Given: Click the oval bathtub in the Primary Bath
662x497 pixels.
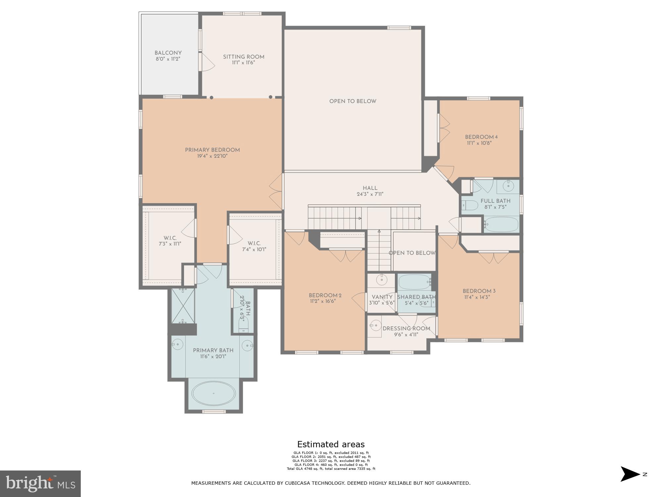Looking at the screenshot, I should (213, 394).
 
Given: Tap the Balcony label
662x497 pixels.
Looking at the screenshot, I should (168, 53).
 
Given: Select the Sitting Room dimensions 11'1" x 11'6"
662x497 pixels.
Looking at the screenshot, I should (244, 63).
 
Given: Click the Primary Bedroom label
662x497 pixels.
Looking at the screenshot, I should (212, 150).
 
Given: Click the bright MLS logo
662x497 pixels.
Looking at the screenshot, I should (40, 483).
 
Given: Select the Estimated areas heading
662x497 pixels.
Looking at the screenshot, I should (331, 444).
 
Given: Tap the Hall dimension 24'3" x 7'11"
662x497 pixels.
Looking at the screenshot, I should (370, 194).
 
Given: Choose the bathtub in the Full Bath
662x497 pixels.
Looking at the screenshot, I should (501, 224).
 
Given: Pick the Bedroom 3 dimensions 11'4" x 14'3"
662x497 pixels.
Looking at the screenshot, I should (477, 297).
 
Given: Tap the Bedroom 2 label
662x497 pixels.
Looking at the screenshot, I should (325, 296).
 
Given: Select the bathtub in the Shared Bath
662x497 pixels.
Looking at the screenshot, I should (414, 282).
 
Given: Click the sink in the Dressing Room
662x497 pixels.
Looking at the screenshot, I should (375, 325).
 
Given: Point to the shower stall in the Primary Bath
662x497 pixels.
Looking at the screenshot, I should (183, 306).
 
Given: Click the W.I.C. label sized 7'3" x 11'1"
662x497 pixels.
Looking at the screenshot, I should (170, 238).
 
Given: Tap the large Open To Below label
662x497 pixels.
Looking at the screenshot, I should (353, 101).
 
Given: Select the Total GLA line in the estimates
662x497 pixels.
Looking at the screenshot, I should (331, 469).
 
